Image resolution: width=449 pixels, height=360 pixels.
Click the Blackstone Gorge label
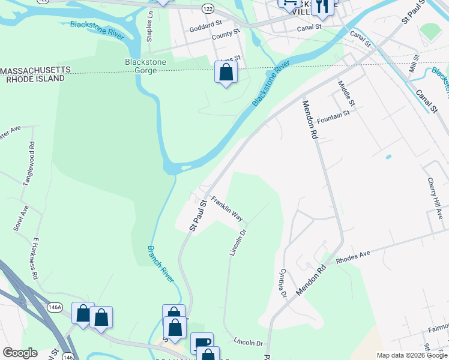(141, 66)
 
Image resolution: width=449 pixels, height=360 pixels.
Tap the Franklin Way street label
(227, 209)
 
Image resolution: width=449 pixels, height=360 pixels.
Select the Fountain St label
(334, 114)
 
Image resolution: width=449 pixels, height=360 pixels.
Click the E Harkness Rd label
(35, 259)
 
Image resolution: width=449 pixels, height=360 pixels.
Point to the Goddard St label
(205, 28)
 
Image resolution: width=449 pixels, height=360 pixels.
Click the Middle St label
(346, 94)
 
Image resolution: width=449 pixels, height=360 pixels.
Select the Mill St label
(414, 64)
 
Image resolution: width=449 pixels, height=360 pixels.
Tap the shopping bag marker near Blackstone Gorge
(226, 73)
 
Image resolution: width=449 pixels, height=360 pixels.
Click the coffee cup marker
(202, 343)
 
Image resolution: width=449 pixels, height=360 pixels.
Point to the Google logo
(20, 353)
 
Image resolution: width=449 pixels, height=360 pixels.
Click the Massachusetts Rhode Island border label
(41, 74)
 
